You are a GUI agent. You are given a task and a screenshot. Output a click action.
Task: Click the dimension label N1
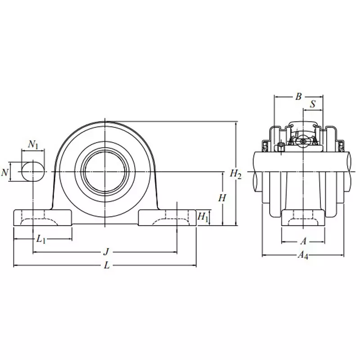coord(33,145)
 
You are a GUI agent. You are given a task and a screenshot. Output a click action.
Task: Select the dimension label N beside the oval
coord(4,172)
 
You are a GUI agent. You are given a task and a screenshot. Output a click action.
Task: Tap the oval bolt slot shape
coord(33,171)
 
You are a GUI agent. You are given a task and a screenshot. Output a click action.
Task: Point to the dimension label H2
coord(236,173)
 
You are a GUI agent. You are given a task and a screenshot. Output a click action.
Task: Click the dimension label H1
coord(203,217)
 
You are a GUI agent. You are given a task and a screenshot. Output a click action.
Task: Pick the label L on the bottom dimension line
coord(107,265)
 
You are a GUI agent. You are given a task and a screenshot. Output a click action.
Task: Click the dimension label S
coord(313,104)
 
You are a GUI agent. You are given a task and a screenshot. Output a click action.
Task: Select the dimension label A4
coord(303,256)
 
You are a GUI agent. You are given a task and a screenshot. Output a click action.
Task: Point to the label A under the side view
coord(303,241)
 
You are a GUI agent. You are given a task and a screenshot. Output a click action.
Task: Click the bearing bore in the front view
coord(105,171)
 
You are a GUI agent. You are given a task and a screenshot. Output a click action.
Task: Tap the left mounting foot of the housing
coord(43,218)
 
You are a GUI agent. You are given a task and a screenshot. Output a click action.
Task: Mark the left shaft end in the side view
coord(258,171)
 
